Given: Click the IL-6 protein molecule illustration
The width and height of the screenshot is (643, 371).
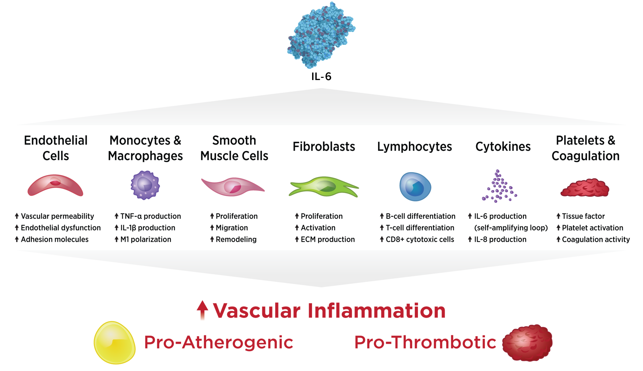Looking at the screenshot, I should [x=321, y=35].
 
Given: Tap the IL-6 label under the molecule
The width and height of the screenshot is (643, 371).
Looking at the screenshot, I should [x=321, y=77].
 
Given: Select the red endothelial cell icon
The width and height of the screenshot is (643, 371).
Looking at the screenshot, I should [x=55, y=185].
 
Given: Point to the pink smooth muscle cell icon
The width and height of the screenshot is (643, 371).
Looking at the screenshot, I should [x=233, y=187].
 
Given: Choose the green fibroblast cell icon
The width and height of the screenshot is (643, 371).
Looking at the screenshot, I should [x=324, y=187].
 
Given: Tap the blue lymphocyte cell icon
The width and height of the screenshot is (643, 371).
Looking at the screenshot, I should [x=415, y=187].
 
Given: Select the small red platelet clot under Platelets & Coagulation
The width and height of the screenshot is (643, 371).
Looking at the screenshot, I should [x=585, y=188].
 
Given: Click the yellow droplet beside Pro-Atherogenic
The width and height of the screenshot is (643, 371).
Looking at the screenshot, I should [x=114, y=343].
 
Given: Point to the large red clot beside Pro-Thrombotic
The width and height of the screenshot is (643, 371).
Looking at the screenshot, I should [x=527, y=343].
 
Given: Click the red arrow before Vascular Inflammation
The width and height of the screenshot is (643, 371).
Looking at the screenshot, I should [x=203, y=310].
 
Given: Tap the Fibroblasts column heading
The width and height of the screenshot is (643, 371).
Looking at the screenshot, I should [x=324, y=147].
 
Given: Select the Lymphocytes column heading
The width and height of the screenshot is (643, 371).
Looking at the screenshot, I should [x=414, y=147].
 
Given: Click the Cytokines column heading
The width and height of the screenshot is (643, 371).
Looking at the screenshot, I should [x=503, y=147].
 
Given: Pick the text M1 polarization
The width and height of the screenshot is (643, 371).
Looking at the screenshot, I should [x=146, y=239].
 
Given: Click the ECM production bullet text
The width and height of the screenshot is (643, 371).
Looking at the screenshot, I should [x=328, y=239].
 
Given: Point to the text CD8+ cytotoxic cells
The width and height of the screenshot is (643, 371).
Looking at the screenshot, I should [x=420, y=239].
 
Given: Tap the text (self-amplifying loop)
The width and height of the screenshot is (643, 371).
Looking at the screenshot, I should [x=511, y=228].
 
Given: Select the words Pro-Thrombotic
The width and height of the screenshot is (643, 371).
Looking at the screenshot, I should [x=425, y=342].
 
